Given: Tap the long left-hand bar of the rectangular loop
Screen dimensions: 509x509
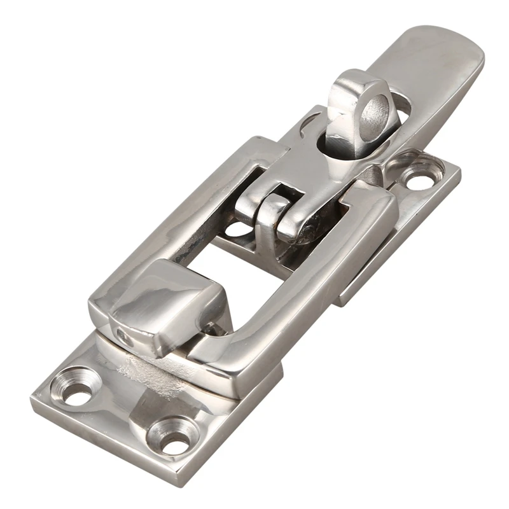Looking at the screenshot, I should (172, 216).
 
